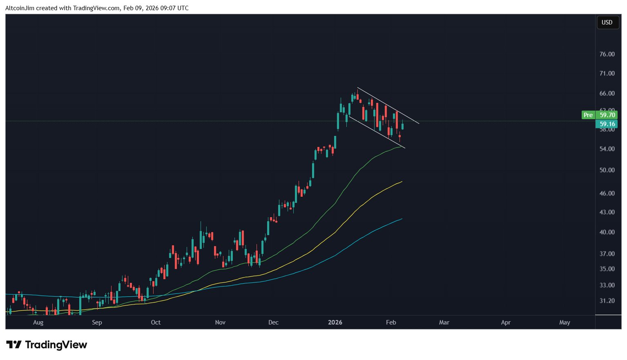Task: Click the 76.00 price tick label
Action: pos(607,54)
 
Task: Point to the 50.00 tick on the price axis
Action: pos(607,170)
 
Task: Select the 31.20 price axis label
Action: pos(607,301)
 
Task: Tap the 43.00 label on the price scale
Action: pos(607,212)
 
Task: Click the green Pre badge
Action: pos(588,115)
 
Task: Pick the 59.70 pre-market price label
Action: pos(607,115)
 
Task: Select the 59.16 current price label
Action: pos(607,124)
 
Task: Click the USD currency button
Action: pos(607,22)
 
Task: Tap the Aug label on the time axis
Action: pos(38,322)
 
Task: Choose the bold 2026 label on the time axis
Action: pos(335,322)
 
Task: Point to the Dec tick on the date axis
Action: pos(273,322)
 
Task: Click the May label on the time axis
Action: pos(564,322)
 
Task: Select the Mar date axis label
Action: pos(444,322)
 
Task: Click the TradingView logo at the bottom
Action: pos(47,345)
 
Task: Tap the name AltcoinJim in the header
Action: pos(20,8)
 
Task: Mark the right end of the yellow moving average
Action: pos(402,182)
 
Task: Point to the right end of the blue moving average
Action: pos(402,219)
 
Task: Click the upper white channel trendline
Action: pos(388,105)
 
